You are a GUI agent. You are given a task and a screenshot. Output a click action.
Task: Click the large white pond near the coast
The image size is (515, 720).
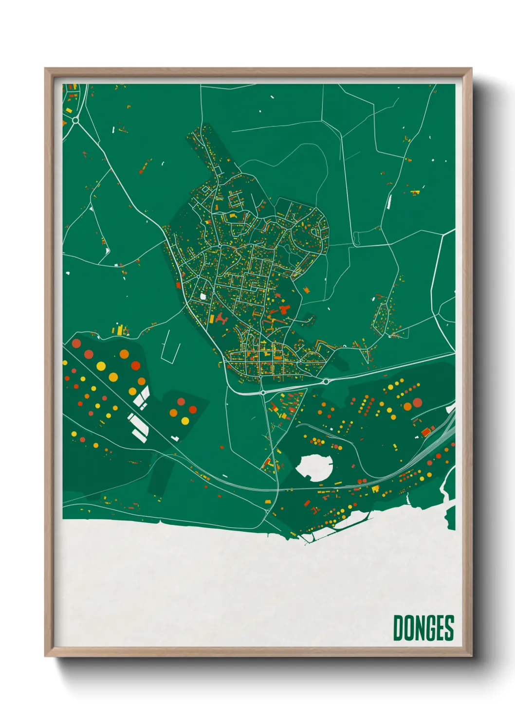click(x=314, y=467)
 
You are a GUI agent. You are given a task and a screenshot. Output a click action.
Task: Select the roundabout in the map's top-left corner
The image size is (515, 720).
click(x=76, y=120)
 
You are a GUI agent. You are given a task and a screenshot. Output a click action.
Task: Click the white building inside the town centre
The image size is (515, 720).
click(x=203, y=296)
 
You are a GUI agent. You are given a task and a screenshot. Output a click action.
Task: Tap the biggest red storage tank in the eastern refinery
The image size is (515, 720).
click(x=417, y=403)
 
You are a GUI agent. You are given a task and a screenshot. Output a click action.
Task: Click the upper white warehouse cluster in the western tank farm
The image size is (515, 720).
click(x=142, y=396)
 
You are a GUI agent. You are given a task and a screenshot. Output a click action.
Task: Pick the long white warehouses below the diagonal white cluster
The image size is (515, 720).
click(x=137, y=426)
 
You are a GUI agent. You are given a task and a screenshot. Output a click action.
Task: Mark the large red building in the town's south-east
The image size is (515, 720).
click(x=284, y=309)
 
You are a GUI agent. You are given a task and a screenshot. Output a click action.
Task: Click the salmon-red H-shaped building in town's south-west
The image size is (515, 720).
click(x=222, y=319)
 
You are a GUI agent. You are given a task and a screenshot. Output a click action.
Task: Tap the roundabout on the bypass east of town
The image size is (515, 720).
click(x=325, y=382)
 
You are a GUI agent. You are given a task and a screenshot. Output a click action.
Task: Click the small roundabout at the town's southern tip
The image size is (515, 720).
click(x=263, y=392)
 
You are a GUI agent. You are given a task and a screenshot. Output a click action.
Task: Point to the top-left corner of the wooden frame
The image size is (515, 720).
click(x=46, y=69)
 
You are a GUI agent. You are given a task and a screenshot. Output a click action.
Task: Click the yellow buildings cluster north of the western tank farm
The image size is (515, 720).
click(x=120, y=330)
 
